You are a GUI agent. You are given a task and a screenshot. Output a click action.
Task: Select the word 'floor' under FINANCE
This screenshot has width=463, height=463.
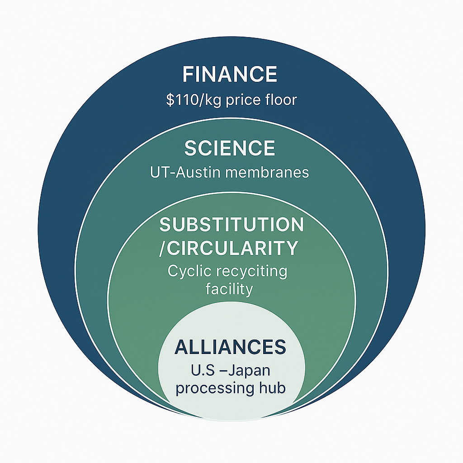(x=282, y=99)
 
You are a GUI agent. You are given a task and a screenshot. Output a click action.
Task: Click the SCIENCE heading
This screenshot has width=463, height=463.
(x=230, y=148)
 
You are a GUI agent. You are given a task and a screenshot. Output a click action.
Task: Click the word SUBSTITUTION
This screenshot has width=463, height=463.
(x=231, y=225)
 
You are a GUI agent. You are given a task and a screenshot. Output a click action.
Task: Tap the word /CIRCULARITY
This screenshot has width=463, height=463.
(x=229, y=248)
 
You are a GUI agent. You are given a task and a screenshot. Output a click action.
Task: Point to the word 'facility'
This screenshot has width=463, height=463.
(x=229, y=288)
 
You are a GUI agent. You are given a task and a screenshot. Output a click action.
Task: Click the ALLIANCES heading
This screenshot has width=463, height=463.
(x=231, y=347)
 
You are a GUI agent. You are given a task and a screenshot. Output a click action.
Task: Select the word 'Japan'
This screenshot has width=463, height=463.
(x=249, y=371)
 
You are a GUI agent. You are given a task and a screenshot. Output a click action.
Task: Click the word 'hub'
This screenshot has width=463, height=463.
(x=273, y=387)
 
